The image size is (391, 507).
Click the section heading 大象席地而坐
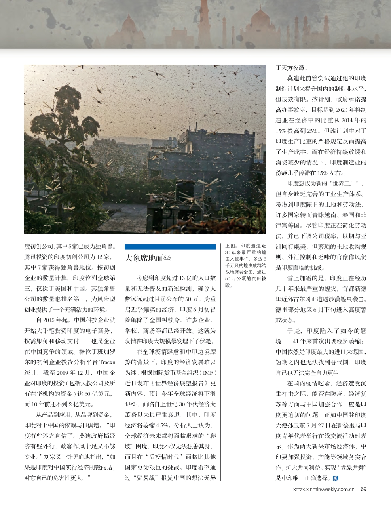(148, 258)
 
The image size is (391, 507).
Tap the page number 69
(363, 489)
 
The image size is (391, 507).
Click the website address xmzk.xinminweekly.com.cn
(323, 489)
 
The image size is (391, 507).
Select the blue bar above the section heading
(170, 246)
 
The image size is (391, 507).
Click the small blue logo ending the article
(336, 478)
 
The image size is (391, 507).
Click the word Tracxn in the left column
(107, 362)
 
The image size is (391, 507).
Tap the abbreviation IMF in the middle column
(209, 373)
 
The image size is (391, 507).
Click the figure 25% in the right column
(311, 131)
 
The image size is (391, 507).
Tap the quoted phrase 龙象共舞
(353, 468)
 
